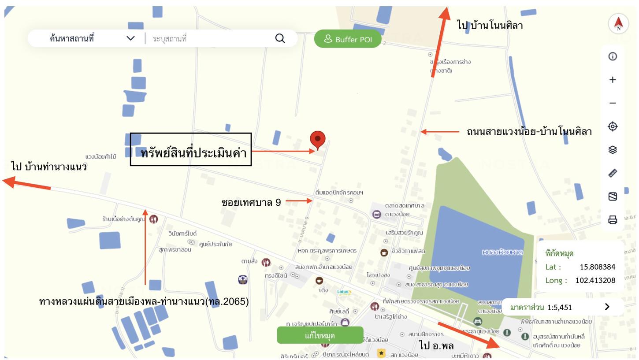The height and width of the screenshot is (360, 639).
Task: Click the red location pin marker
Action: point(317,140)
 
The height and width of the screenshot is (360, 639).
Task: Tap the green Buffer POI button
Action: point(347,39)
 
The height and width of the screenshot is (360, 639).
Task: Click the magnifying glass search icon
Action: point(280,38)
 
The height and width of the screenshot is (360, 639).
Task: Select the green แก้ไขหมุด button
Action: point(320,335)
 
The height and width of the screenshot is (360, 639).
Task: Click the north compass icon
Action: point(618,23)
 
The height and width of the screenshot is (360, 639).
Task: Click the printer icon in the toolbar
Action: point(613,219)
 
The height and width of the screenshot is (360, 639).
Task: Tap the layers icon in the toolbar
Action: point(613,150)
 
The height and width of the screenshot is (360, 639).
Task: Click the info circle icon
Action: point(613,56)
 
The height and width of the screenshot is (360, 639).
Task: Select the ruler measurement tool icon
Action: point(613,173)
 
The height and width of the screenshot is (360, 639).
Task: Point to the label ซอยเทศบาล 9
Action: point(251,202)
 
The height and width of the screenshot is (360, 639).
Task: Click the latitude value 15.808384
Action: point(597,267)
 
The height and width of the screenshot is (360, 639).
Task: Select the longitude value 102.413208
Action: point(595,280)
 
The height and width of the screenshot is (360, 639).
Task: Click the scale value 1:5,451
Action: point(559,307)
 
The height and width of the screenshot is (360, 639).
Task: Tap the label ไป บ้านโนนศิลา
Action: point(490,25)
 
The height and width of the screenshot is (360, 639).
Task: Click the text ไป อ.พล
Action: point(436,345)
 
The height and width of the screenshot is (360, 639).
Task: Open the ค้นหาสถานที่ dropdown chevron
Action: point(130,38)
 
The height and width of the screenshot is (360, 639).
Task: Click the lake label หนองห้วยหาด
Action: point(502,252)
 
